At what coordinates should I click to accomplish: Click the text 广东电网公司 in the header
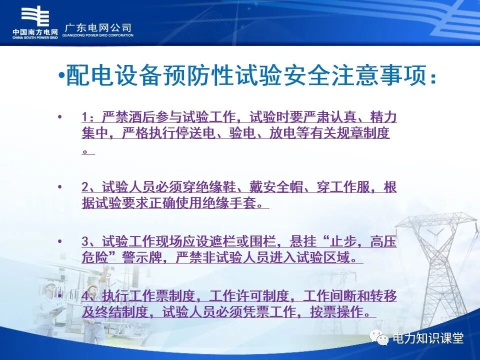point(98,27)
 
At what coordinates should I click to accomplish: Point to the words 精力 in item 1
point(383,118)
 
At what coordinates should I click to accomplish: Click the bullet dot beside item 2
point(60,187)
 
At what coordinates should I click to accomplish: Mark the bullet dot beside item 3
point(60,241)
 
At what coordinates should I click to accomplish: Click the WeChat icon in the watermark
point(379,338)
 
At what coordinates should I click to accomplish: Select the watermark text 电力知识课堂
point(428,338)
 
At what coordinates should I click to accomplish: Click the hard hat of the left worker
point(50,286)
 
